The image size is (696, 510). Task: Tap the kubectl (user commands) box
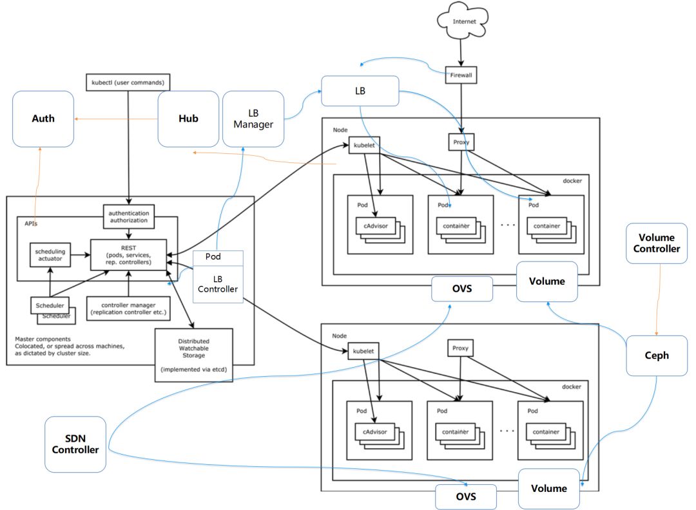click(x=129, y=82)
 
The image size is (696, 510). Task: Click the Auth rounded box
click(x=43, y=118)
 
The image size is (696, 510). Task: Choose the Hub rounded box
click(x=188, y=118)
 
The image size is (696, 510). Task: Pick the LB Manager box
click(x=253, y=118)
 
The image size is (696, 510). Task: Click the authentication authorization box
click(x=129, y=216)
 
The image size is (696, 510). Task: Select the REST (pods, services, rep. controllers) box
click(x=128, y=254)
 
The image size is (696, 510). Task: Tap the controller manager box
click(x=129, y=308)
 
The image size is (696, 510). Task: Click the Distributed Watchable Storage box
click(x=193, y=354)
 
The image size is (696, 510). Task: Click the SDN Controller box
click(x=75, y=444)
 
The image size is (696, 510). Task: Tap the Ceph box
click(x=656, y=355)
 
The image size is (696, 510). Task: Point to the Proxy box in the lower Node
click(x=461, y=349)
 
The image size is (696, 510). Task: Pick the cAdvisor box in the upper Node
click(x=374, y=226)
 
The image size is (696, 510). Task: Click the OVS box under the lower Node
click(x=466, y=497)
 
